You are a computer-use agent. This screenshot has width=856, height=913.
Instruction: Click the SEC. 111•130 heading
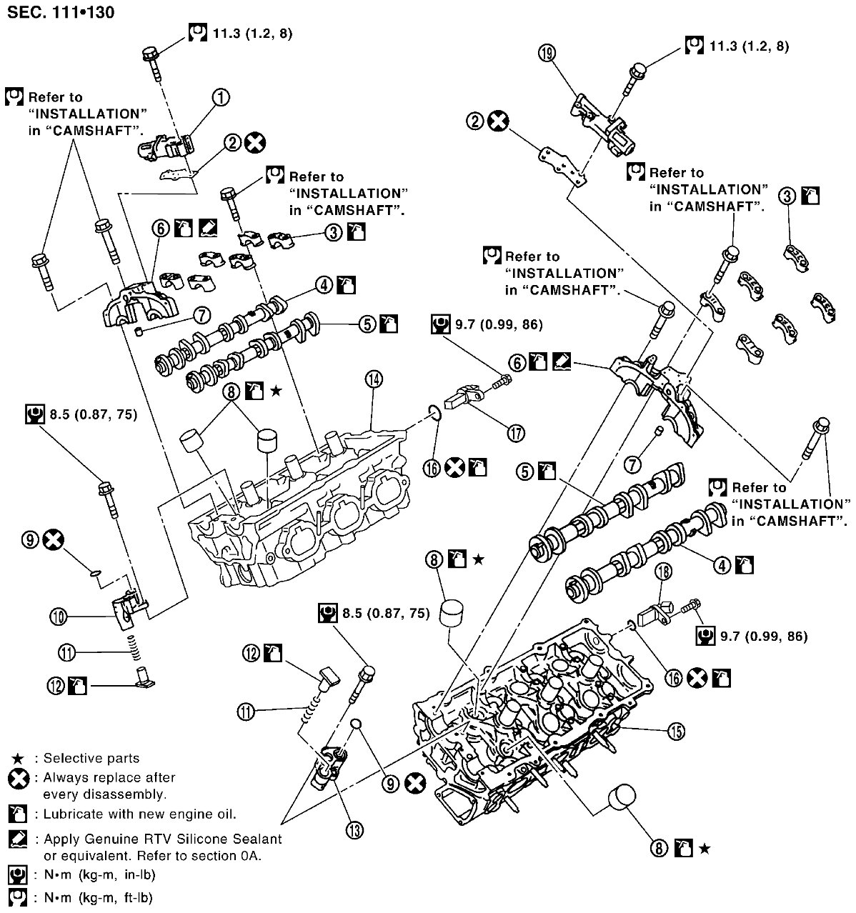coord(61,12)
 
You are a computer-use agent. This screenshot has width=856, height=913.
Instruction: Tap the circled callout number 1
coord(221,97)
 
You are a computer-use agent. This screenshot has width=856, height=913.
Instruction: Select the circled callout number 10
coord(59,617)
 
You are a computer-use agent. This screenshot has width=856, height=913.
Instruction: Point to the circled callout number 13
coord(354,830)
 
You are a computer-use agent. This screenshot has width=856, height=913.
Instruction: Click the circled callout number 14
coord(374,379)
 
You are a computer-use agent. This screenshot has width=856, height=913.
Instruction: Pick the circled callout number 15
coord(676,732)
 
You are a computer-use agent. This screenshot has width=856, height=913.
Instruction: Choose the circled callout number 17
coord(516,433)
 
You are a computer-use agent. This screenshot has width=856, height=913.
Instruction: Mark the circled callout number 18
coord(663,572)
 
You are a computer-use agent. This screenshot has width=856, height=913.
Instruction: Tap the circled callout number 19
coord(547,53)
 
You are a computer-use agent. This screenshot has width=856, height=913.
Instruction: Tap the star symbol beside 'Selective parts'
coord(18,758)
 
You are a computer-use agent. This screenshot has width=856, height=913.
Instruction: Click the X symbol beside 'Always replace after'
coord(19,778)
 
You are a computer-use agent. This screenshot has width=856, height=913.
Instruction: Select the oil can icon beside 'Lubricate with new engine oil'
coord(18,813)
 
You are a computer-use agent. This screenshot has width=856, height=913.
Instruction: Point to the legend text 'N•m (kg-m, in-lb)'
coord(99,874)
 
